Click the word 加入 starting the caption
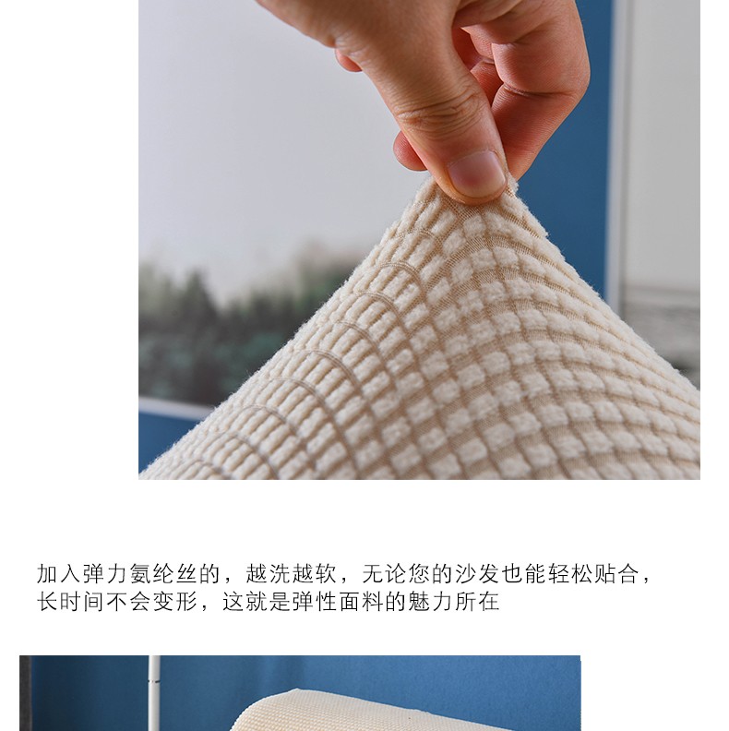pos(59,574)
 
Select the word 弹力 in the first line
pos(105,574)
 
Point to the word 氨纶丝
pos(163,574)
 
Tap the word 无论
pos(385,574)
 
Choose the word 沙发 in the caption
pos(477,574)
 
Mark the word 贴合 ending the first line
pos(616,574)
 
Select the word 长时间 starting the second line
pos(71,602)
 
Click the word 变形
pos(175,602)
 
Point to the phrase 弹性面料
pos(338,602)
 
